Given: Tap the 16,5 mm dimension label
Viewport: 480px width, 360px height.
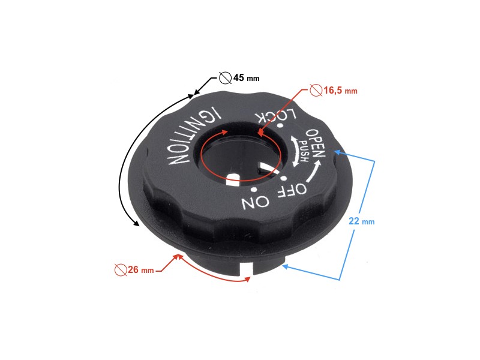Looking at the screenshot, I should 340,91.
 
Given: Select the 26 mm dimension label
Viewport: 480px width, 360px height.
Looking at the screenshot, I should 142,270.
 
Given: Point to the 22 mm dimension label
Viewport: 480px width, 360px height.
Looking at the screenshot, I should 361,221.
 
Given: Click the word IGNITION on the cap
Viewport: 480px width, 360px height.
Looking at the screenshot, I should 191,137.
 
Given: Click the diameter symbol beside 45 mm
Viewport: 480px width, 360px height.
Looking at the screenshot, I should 225,78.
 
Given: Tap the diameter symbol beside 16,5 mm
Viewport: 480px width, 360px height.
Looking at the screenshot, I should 316,91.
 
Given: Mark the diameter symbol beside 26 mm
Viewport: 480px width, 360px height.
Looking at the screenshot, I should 120,270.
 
